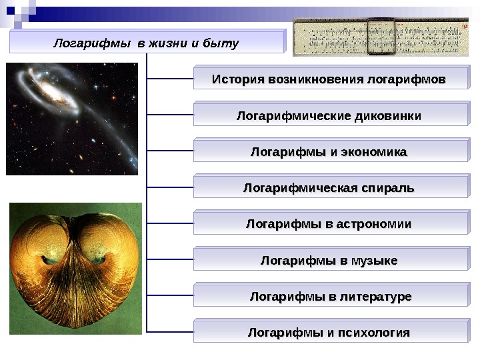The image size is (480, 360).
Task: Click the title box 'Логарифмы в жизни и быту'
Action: (146, 43)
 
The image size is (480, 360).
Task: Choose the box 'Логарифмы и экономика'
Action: (330, 152)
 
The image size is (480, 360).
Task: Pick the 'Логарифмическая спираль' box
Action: (330, 188)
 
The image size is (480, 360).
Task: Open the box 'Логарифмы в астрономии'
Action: (330, 224)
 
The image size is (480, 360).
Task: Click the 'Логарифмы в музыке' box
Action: (330, 260)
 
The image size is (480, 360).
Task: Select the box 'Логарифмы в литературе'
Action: (330, 296)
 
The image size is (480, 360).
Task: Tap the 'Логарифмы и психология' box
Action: (330, 332)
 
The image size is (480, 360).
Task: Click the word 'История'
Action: (237, 80)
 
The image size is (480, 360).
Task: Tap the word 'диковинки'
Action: (389, 116)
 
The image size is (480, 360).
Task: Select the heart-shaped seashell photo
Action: (75, 269)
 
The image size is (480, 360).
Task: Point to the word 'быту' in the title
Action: (223, 43)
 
